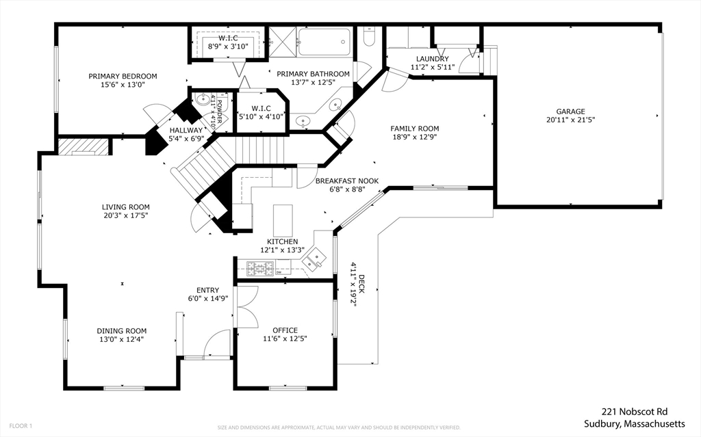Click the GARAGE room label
(x=570, y=111)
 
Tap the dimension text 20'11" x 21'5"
(x=570, y=120)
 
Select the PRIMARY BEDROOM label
(x=123, y=76)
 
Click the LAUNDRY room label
(x=429, y=59)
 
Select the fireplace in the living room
(x=82, y=146)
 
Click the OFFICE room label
(x=285, y=330)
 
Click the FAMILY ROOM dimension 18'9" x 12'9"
(x=414, y=137)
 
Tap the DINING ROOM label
(x=121, y=330)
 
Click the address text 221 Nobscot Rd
(x=634, y=412)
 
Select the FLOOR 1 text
(x=20, y=426)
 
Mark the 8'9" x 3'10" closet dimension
(x=225, y=47)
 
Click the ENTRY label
(x=207, y=289)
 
